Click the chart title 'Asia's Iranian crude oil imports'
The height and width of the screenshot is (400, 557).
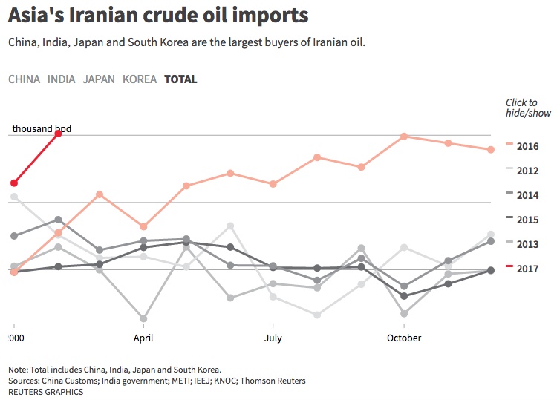[x=157, y=16]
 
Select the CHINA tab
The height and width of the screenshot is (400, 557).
[x=24, y=79]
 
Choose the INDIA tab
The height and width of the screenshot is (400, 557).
[x=61, y=79]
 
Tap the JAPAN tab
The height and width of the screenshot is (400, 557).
[x=99, y=79]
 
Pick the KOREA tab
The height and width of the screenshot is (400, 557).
[x=139, y=79]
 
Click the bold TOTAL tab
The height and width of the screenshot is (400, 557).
[x=180, y=79]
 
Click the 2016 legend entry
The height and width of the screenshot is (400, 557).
[x=527, y=146]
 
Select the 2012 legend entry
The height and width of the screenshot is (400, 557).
[x=527, y=171]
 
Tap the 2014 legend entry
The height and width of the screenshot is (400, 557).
[x=527, y=195]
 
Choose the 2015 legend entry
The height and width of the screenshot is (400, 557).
[x=527, y=220]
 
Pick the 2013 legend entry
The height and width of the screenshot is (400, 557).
[x=527, y=244]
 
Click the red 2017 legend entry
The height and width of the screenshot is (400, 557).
[x=527, y=269]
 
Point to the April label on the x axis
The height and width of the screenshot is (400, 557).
[x=143, y=338]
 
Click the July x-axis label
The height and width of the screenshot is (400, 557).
[x=273, y=338]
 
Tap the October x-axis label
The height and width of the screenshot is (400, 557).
[x=403, y=338]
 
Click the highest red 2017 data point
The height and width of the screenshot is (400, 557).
[x=58, y=134]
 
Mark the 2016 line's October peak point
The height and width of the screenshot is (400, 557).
[x=403, y=136]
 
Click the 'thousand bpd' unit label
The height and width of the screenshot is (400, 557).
[x=42, y=129]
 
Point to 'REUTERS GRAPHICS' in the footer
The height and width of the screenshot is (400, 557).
[x=46, y=391]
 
